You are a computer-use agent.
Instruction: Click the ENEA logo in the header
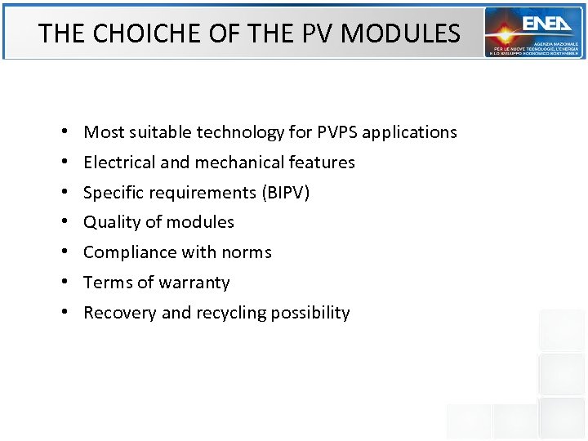(x=534, y=33)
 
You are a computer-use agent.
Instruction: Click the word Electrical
(x=119, y=163)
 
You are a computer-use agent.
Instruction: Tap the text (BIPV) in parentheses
(x=286, y=193)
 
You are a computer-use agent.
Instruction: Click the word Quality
(x=109, y=222)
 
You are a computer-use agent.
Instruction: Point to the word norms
(x=248, y=252)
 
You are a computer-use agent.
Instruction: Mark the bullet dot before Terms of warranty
(x=64, y=283)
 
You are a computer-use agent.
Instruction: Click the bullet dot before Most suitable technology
(x=64, y=133)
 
